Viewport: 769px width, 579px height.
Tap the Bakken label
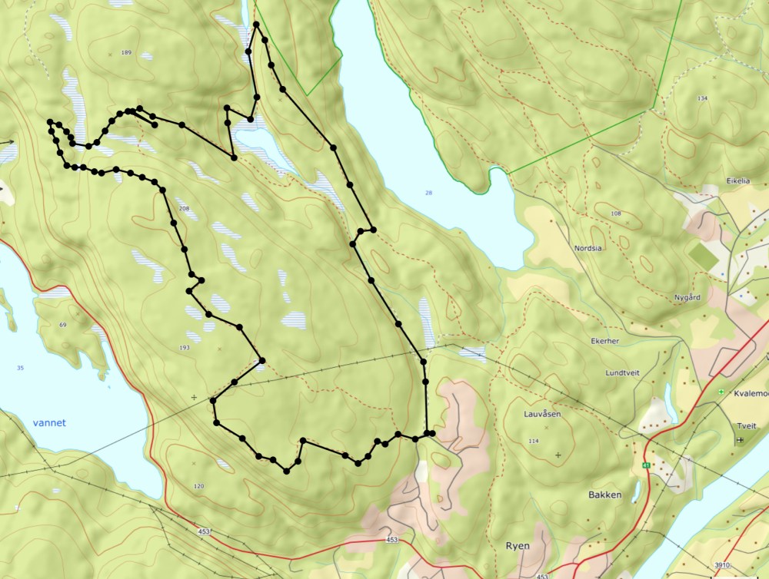pos(604,495)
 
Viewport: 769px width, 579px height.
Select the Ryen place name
pos(517,546)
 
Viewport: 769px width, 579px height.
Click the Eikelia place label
pos(738,182)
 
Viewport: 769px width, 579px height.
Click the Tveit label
pos(745,425)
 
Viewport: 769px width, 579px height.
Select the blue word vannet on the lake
pos(49,422)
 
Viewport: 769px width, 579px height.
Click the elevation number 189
pos(126,52)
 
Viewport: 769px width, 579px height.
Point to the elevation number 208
pos(183,209)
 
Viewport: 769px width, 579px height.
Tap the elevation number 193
pos(184,348)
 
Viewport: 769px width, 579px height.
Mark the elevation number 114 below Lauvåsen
pos(533,441)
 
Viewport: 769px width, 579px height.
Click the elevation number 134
pos(701,98)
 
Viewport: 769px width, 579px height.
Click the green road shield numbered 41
pos(647,466)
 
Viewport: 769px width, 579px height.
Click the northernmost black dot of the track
pos(255,25)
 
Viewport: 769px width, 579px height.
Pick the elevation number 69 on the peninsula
pos(63,326)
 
